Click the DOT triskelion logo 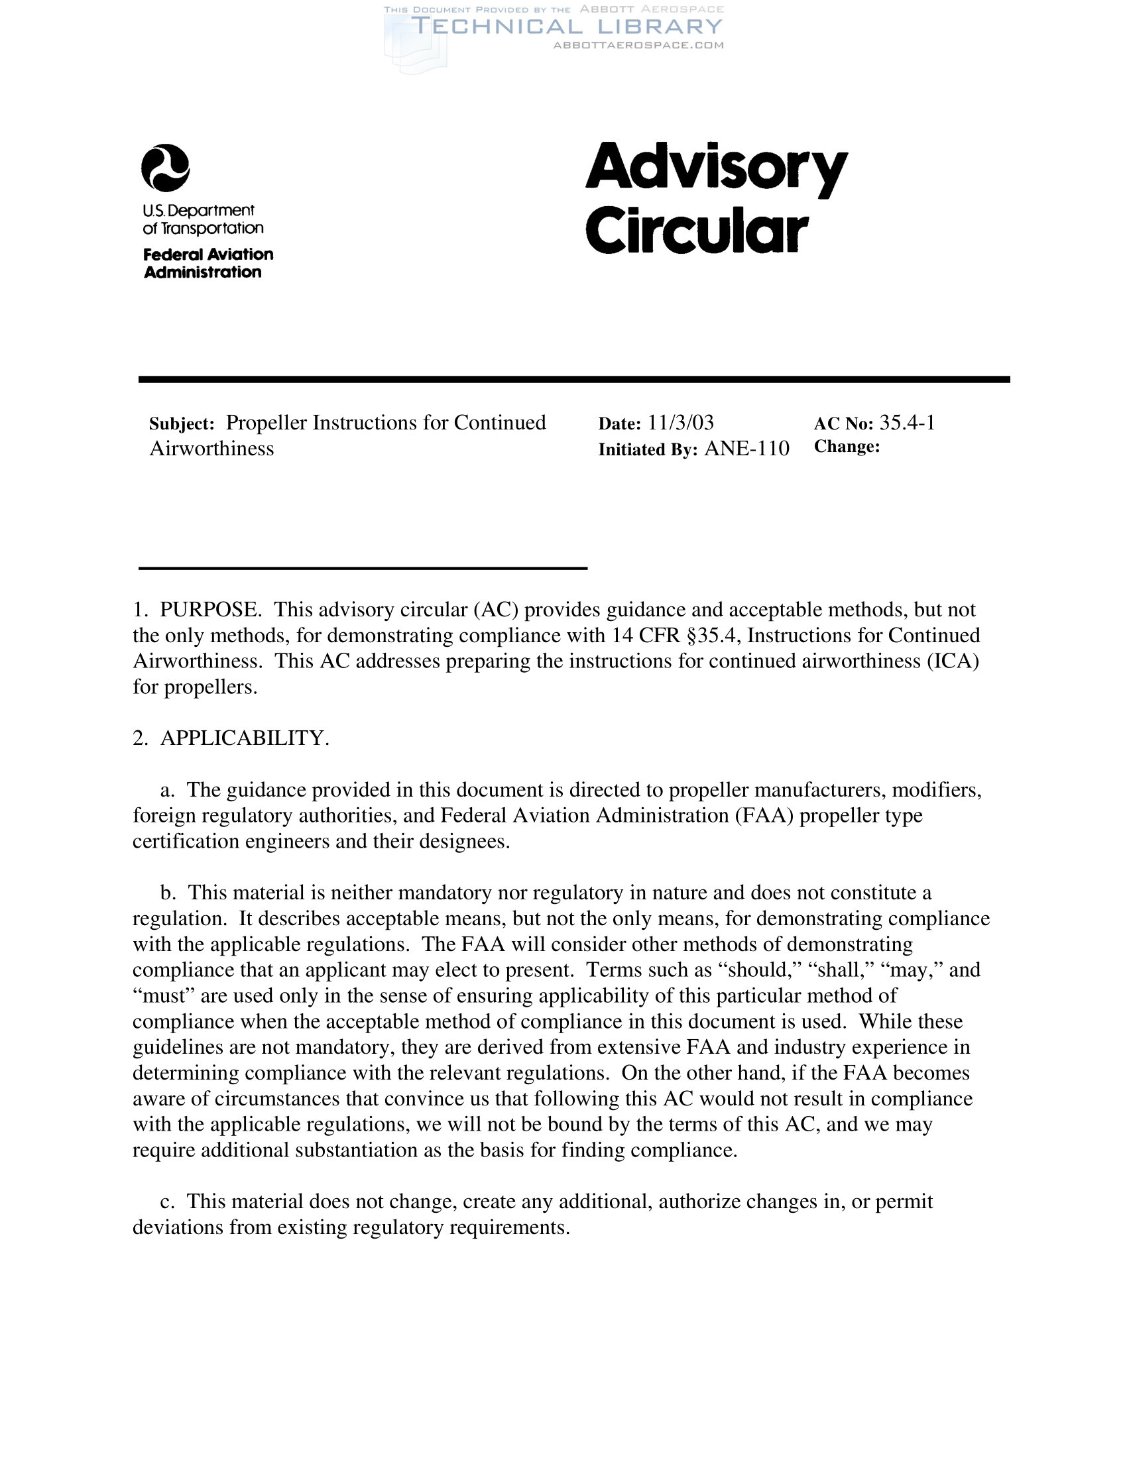(x=165, y=168)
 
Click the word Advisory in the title (x=716, y=168)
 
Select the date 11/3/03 (x=680, y=423)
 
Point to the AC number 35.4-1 (x=907, y=423)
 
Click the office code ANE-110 (x=746, y=449)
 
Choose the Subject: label (x=182, y=424)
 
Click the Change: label (x=847, y=447)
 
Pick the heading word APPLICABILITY (x=245, y=738)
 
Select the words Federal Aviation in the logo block (x=208, y=254)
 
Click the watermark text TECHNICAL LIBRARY (x=567, y=27)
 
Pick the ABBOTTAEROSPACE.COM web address (x=638, y=45)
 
